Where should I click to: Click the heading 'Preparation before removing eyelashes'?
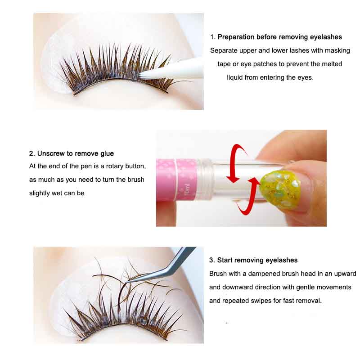[x=279, y=37]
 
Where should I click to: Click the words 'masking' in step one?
[x=338, y=50]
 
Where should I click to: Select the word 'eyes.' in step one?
[x=305, y=77]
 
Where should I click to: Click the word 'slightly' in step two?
[x=40, y=193]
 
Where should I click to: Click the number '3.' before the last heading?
[x=212, y=260]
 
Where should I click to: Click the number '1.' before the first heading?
[x=213, y=37]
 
